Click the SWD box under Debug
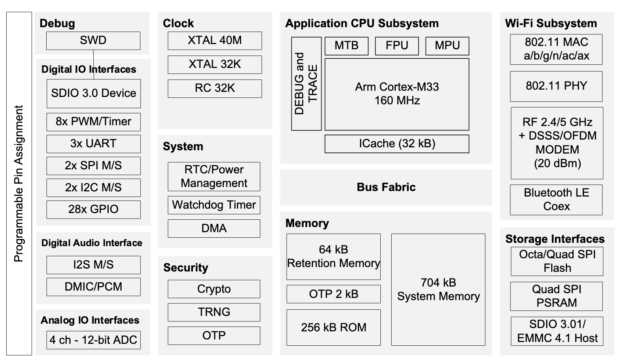(93, 40)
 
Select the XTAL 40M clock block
(215, 40)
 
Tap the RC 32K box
(215, 88)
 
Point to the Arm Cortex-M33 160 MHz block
(397, 94)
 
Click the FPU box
(397, 46)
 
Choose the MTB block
(346, 46)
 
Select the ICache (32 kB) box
(397, 144)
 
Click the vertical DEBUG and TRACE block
(306, 84)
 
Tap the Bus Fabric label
(386, 187)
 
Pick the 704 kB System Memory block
(438, 289)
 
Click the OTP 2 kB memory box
(333, 294)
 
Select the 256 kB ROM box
(333, 327)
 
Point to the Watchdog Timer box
(214, 205)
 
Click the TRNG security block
(214, 312)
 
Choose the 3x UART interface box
(93, 144)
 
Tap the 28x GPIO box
(93, 209)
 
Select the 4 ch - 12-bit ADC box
(93, 340)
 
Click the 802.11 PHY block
(556, 86)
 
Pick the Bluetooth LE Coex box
(556, 199)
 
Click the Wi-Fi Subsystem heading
(551, 24)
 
